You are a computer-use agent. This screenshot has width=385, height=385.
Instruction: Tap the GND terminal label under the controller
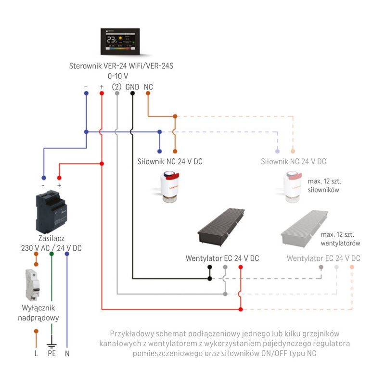point(132,87)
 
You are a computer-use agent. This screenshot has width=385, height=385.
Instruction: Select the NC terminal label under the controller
point(148,87)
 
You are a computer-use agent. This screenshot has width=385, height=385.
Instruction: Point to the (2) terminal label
point(116,87)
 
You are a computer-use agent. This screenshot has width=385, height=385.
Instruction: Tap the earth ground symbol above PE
point(51,345)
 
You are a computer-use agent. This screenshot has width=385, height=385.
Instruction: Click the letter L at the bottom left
point(36,354)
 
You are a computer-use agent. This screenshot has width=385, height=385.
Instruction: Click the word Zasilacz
point(51,238)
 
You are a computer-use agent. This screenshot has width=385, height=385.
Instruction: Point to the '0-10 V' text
point(117,76)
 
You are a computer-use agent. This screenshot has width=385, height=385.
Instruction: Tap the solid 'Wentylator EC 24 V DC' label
point(222,258)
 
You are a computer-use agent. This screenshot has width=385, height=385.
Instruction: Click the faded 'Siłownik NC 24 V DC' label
point(293,162)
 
